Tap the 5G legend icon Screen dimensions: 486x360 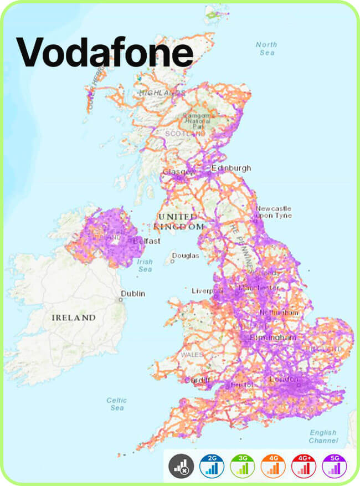tap(335, 467)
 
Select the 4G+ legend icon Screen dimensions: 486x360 tap(304, 467)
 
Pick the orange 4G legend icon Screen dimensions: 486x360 tap(273, 467)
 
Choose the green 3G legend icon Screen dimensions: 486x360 tap(242, 467)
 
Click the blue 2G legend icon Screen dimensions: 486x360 tap(212, 467)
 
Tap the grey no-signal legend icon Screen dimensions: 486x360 tap(181, 467)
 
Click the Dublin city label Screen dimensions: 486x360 tap(133, 293)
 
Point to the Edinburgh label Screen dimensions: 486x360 tap(231, 168)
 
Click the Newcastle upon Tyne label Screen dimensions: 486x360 tap(274, 212)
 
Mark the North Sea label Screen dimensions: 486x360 tap(266, 48)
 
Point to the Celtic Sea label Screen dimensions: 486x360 tap(116, 404)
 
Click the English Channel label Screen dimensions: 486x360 tap(323, 437)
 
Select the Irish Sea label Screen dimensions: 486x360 tap(145, 265)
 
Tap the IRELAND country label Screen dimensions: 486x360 tap(74, 318)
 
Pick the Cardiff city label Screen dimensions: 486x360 tap(198, 380)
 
